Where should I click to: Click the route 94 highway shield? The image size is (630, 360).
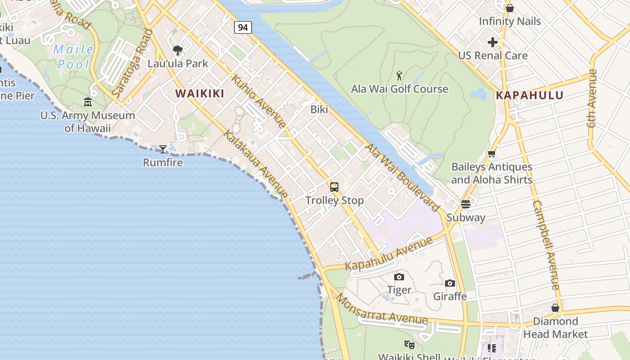[x=243, y=27]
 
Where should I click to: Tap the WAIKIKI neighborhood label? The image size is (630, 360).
[x=199, y=94]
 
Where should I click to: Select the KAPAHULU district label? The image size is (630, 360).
[x=530, y=95]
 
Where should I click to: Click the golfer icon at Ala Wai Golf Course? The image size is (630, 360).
[x=399, y=76]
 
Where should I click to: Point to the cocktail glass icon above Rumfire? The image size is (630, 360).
[x=163, y=149]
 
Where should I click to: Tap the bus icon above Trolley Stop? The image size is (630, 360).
[x=334, y=187]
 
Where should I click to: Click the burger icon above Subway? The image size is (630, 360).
[x=466, y=204]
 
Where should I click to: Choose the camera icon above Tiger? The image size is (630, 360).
[x=399, y=277]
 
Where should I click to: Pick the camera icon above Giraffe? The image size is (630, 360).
[x=450, y=283]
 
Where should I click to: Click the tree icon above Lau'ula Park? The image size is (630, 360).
[x=178, y=50]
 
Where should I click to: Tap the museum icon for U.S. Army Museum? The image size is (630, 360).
[x=88, y=102]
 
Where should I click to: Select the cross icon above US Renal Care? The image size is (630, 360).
[x=493, y=42]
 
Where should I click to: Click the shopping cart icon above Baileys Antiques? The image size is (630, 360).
[x=492, y=154]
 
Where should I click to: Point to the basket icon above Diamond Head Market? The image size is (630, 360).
[x=555, y=308]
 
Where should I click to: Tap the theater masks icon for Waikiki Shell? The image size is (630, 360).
[x=409, y=345]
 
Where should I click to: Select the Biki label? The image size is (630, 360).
[x=319, y=109]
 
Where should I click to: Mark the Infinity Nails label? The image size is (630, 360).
[x=510, y=21]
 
